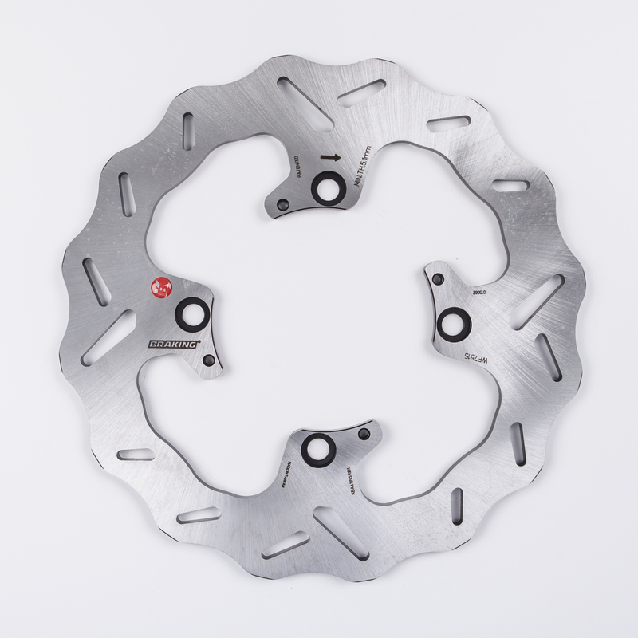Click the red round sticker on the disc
159,286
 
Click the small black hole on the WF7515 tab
438,278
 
